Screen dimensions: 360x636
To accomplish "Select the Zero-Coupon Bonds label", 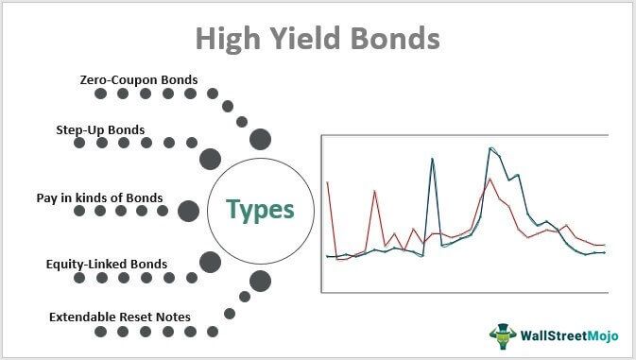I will [x=139, y=79].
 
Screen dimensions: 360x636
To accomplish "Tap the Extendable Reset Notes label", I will [x=119, y=316].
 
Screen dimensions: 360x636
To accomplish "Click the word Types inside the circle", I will [x=259, y=210].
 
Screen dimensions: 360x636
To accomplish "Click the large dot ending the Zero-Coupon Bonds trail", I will [x=260, y=141].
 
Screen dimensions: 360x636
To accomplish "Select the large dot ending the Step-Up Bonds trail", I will [x=211, y=158].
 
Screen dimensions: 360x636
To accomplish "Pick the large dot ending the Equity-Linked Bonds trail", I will [x=211, y=262].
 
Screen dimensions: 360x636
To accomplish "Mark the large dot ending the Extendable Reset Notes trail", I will [x=260, y=281].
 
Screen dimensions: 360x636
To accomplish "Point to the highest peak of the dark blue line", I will [x=490, y=148].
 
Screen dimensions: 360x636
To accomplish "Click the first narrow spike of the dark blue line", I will [x=432, y=159].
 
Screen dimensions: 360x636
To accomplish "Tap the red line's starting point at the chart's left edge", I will [x=327, y=181].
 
